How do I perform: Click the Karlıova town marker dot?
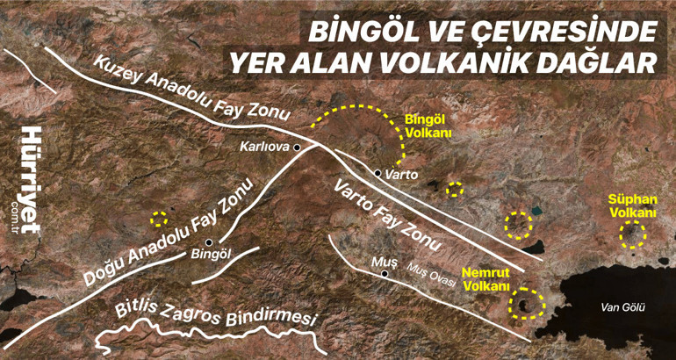tap(298, 148)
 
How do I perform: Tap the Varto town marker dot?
tap(378, 173)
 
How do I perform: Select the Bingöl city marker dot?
tap(209, 242)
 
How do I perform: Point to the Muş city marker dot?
tap(385, 274)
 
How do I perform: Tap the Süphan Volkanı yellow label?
tap(632, 206)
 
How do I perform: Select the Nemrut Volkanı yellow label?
tap(486, 279)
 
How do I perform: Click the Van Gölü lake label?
tap(622, 307)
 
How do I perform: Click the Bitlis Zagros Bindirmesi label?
tap(215, 313)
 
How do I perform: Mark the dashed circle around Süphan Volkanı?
tap(631, 235)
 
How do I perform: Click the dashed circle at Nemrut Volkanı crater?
tap(527, 303)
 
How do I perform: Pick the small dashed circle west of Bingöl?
tap(158, 219)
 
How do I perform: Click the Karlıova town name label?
tap(266, 148)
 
